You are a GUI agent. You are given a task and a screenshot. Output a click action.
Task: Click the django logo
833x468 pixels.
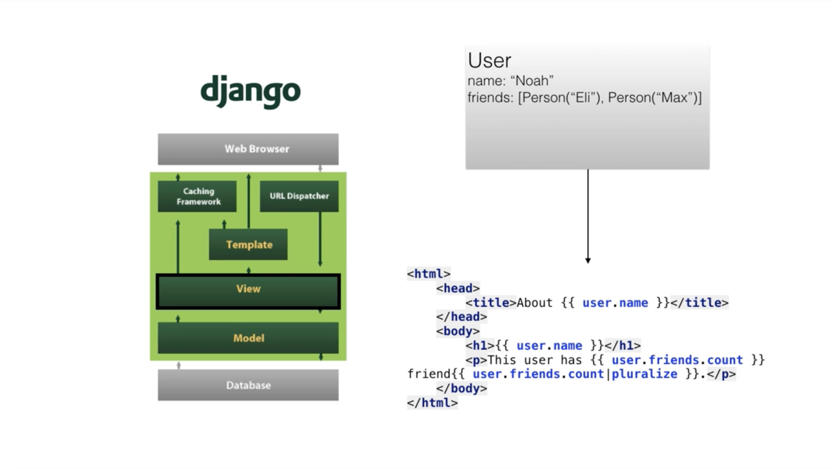(250, 91)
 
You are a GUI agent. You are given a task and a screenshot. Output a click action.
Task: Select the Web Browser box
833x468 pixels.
(248, 149)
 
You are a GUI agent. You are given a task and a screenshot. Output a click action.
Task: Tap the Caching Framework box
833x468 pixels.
(197, 196)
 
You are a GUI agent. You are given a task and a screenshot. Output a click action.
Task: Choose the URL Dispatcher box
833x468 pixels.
(299, 196)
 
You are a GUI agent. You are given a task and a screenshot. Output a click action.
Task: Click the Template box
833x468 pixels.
(248, 244)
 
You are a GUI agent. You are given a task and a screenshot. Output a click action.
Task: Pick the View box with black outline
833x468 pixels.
(248, 291)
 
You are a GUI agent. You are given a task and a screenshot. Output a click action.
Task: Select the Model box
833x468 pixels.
(248, 338)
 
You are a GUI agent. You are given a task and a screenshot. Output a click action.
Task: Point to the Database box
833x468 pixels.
(248, 385)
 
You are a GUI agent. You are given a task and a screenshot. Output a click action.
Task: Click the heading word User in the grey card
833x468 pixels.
(490, 61)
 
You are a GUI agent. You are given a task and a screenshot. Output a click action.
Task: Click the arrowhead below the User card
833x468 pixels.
(588, 260)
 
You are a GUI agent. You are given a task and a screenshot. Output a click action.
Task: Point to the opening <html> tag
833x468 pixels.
(429, 274)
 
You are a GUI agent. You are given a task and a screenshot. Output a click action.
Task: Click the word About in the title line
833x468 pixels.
(534, 303)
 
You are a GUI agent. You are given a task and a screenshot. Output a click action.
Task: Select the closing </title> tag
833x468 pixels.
(699, 303)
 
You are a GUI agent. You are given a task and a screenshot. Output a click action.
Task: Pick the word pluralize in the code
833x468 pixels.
(644, 374)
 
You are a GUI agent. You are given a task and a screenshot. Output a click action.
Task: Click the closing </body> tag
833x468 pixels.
(461, 389)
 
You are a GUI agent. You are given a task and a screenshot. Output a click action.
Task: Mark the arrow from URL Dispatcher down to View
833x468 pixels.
(320, 239)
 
